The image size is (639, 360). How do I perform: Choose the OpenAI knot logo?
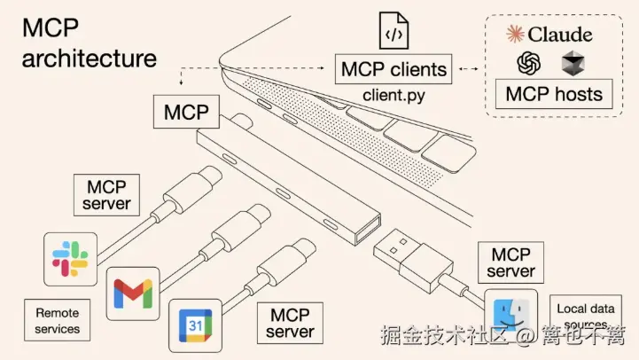pyautogui.click(x=530, y=63)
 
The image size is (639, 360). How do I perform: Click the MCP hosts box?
pyautogui.click(x=554, y=93)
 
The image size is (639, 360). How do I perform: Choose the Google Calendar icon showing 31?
pyautogui.click(x=193, y=325)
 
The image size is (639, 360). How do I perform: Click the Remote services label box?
pyautogui.click(x=58, y=321)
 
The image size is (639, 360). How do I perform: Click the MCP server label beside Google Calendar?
pyautogui.click(x=290, y=324)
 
